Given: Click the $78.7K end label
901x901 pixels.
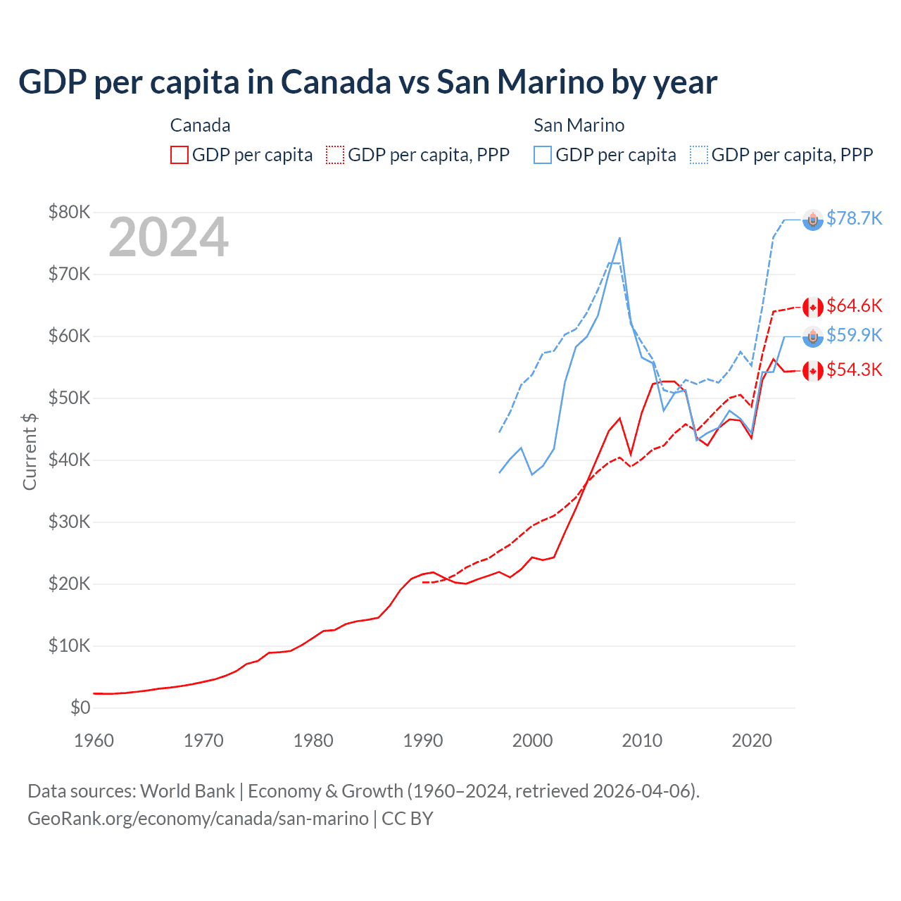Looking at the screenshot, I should pyautogui.click(x=854, y=218).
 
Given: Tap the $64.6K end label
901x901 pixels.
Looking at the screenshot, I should pyautogui.click(x=854, y=305).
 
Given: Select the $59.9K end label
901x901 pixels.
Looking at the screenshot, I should pyautogui.click(x=854, y=335).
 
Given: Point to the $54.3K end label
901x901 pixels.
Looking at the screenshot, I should pyautogui.click(x=854, y=370).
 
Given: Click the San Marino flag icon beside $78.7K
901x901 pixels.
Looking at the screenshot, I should pyautogui.click(x=813, y=220).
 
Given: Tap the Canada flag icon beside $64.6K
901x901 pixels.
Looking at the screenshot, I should pyautogui.click(x=813, y=308).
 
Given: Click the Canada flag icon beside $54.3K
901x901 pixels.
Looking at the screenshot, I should pyautogui.click(x=813, y=371).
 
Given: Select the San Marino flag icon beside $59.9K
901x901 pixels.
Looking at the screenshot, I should pyautogui.click(x=813, y=337).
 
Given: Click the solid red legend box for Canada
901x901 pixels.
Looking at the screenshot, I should pyautogui.click(x=179, y=155).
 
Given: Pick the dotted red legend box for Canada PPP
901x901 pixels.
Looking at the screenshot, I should pyautogui.click(x=335, y=155).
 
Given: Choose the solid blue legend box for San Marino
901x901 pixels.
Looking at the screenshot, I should pyautogui.click(x=543, y=155).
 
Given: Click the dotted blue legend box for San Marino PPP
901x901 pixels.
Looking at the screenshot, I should pyautogui.click(x=699, y=155).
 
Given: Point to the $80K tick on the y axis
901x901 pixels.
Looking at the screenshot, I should pyautogui.click(x=70, y=212).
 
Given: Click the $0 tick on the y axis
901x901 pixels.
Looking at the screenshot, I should pyautogui.click(x=80, y=707).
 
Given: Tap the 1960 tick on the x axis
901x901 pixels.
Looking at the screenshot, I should pyautogui.click(x=94, y=741).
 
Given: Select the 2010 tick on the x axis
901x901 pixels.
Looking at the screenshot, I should pyautogui.click(x=642, y=741).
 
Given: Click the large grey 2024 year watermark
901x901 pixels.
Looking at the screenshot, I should pyautogui.click(x=168, y=237).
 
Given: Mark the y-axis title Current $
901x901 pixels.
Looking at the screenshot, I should pyautogui.click(x=30, y=451).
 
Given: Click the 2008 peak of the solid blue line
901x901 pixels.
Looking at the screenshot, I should pyautogui.click(x=619, y=238).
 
